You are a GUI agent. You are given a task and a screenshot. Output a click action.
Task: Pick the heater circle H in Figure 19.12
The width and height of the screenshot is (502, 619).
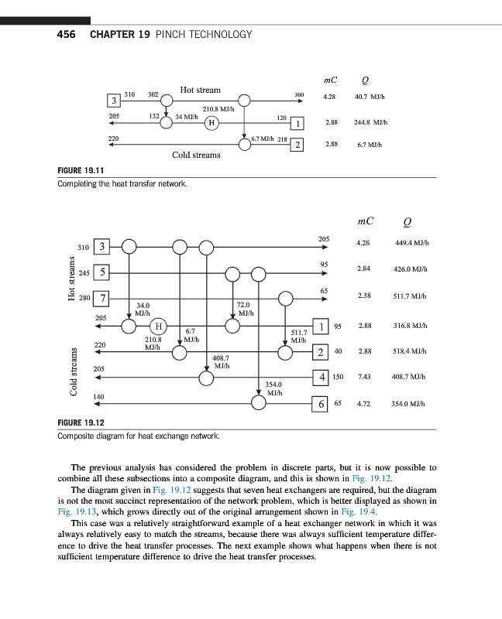(x=157, y=325)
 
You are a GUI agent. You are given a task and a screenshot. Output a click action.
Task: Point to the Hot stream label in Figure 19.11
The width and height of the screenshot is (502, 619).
(x=200, y=90)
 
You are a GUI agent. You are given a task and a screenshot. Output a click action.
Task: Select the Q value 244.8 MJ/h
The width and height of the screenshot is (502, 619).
(x=370, y=122)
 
